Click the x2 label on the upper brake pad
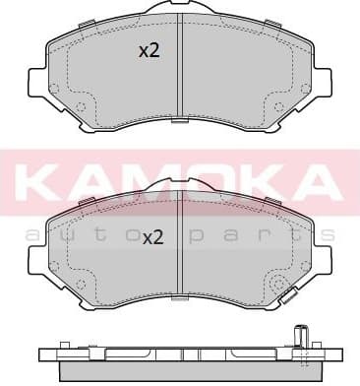point(149,52)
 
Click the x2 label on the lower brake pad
point(152,237)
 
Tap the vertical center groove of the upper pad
point(179,69)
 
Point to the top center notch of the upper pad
point(179,14)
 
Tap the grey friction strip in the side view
point(179,373)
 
